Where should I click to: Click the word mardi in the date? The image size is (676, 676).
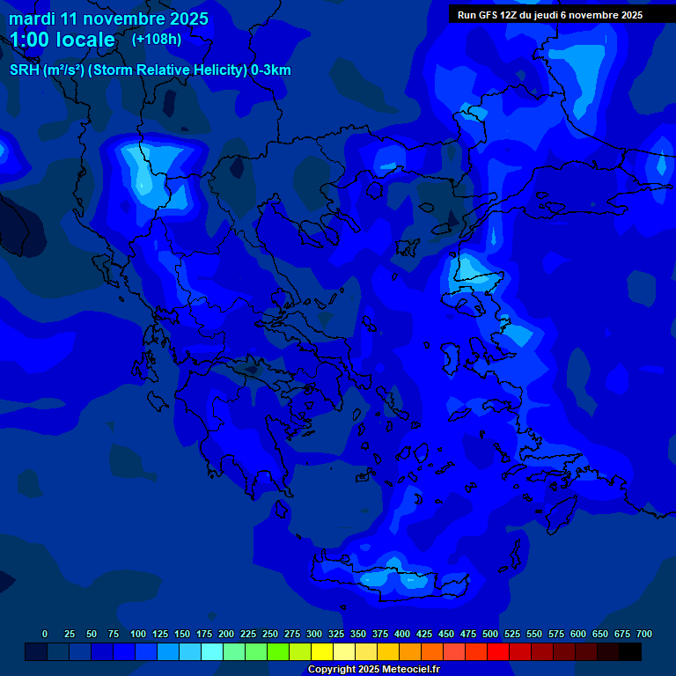tap(33, 18)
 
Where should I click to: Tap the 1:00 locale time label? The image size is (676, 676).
tap(62, 40)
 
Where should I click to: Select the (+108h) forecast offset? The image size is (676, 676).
tap(156, 39)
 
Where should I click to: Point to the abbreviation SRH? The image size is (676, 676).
tap(25, 70)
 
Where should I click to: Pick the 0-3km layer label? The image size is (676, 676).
tap(271, 70)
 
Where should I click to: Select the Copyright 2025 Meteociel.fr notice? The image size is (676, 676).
tap(373, 669)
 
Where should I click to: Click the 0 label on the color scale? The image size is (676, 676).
tap(45, 634)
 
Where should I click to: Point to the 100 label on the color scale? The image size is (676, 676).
tap(138, 634)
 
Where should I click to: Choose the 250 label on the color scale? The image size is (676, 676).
tap(270, 634)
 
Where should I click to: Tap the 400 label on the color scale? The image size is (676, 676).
tap(402, 634)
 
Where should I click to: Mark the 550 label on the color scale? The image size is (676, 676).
tap(534, 634)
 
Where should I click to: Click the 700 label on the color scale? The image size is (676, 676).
tap(644, 634)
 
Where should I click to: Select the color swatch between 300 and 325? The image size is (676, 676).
tap(322, 652)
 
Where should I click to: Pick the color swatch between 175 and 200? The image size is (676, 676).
tap(212, 652)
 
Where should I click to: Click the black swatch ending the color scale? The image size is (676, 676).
tap(630, 652)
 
